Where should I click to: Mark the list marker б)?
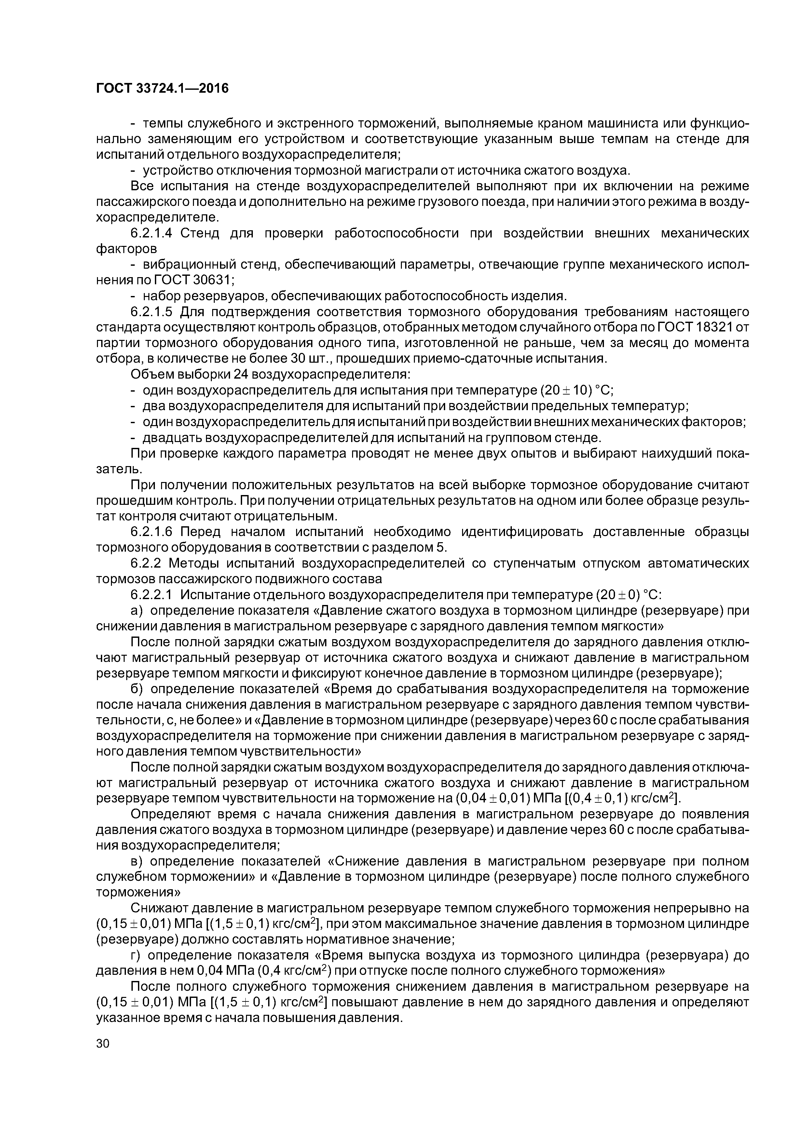coord(137,689)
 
